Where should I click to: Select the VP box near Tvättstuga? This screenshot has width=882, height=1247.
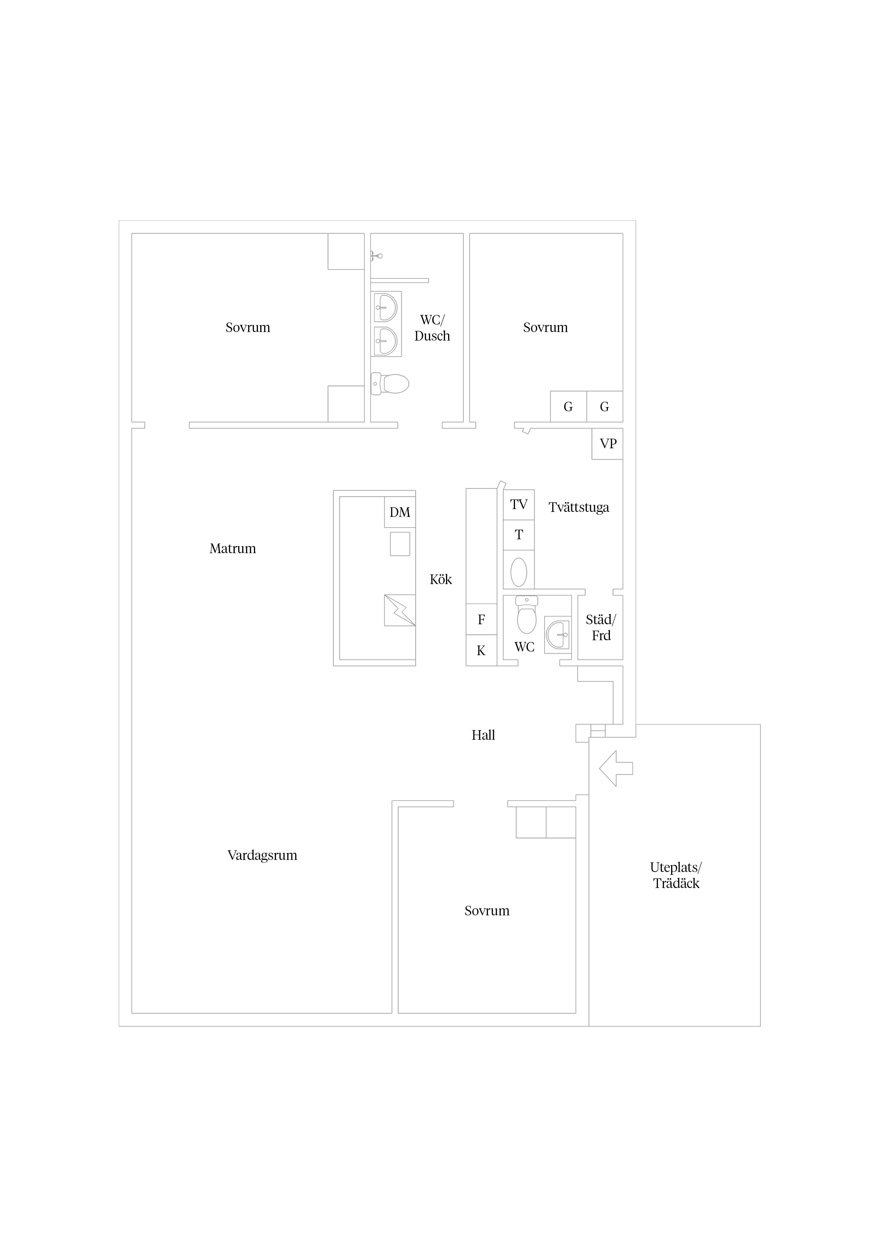pos(607,444)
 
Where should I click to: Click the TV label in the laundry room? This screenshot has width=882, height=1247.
pos(519,504)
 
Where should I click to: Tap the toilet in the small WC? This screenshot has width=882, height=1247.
pos(527,615)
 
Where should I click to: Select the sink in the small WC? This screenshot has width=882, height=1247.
pos(558,635)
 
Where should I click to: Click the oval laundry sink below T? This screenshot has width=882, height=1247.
pos(519,572)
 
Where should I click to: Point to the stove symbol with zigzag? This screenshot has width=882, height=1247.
pos(400,610)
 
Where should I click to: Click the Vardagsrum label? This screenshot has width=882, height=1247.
pos(262,855)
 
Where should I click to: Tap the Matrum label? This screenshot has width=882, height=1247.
pos(233,548)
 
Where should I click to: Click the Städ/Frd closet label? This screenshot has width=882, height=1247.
pos(601,628)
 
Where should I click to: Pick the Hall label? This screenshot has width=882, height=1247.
pos(483,735)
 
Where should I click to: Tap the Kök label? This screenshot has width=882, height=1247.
pos(441,579)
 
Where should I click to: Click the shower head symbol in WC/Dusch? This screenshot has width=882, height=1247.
pos(377,255)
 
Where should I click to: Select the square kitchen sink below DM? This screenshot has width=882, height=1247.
pos(400,544)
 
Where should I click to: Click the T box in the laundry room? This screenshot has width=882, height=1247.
pos(519,535)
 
